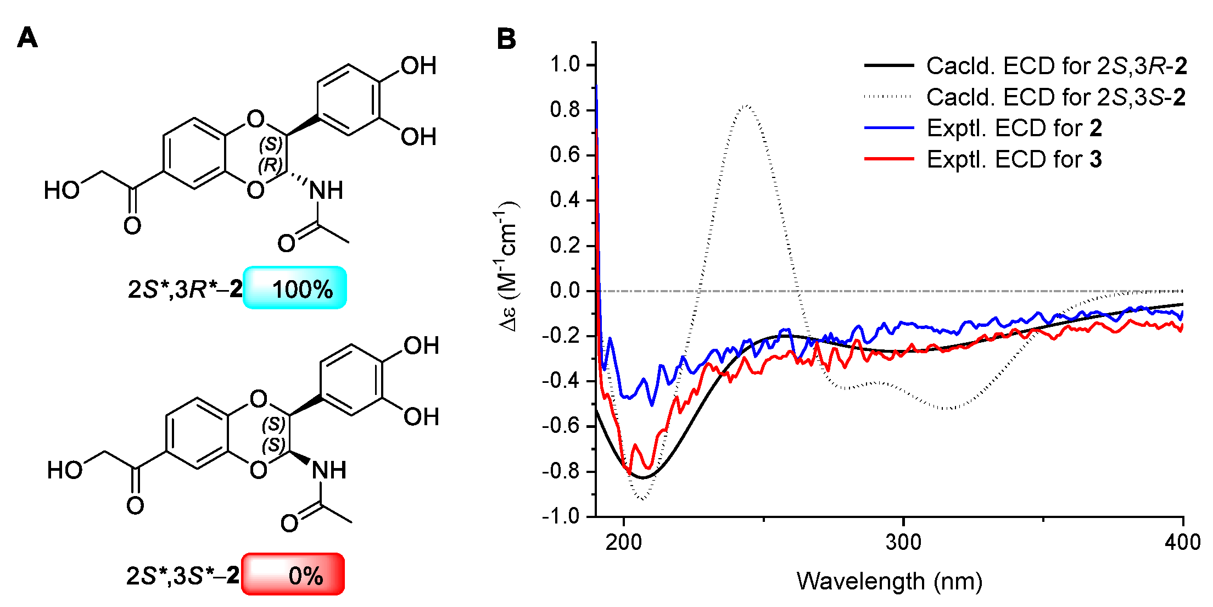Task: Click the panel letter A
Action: point(27,38)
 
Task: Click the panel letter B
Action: point(506,39)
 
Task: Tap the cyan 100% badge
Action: point(295,288)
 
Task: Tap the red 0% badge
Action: point(293,575)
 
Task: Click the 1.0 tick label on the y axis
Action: point(565,65)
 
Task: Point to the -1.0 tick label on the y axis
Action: point(561,516)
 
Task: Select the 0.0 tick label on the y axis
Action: point(565,291)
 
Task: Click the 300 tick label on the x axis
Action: point(903,543)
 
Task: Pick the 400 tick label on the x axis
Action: point(1182,543)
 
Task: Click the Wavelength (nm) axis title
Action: point(890,581)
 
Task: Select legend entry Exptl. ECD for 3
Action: point(1014,160)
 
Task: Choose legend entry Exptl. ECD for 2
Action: point(1014,128)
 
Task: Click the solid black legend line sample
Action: point(888,65)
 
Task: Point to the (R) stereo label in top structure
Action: point(270,164)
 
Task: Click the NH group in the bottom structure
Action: point(329,470)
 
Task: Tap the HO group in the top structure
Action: point(62,191)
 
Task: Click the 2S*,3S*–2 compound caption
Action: point(183,576)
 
